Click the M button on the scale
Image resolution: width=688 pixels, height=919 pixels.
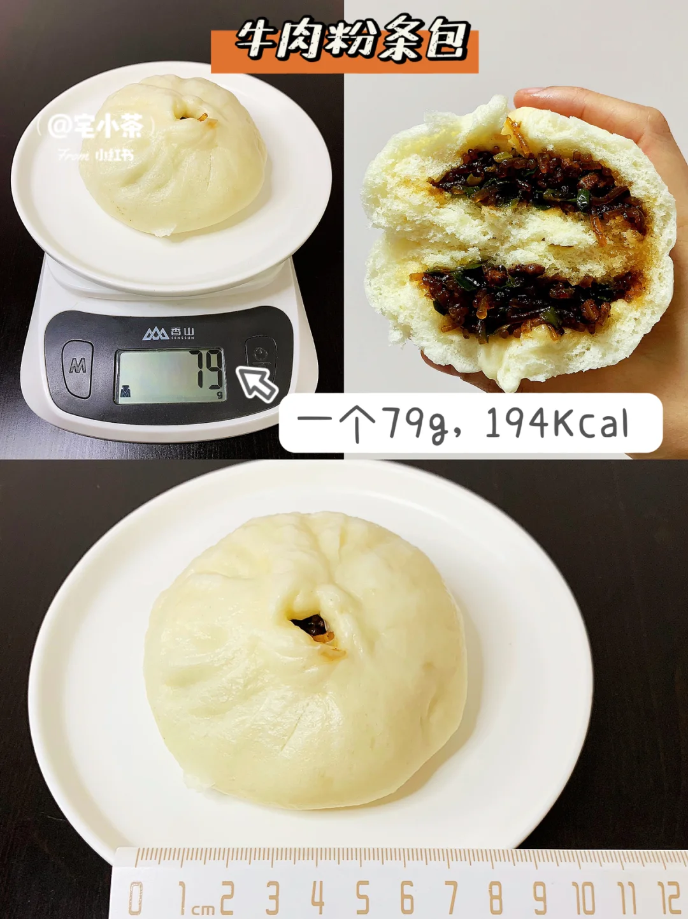click(x=77, y=367)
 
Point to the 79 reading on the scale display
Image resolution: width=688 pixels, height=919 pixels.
click(x=206, y=369)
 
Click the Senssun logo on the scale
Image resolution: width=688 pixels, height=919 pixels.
click(x=168, y=334)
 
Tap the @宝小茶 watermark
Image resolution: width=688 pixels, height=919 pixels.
click(x=96, y=126)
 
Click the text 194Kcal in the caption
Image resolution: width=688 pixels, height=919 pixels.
click(x=557, y=423)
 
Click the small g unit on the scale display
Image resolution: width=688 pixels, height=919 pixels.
click(x=219, y=394)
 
